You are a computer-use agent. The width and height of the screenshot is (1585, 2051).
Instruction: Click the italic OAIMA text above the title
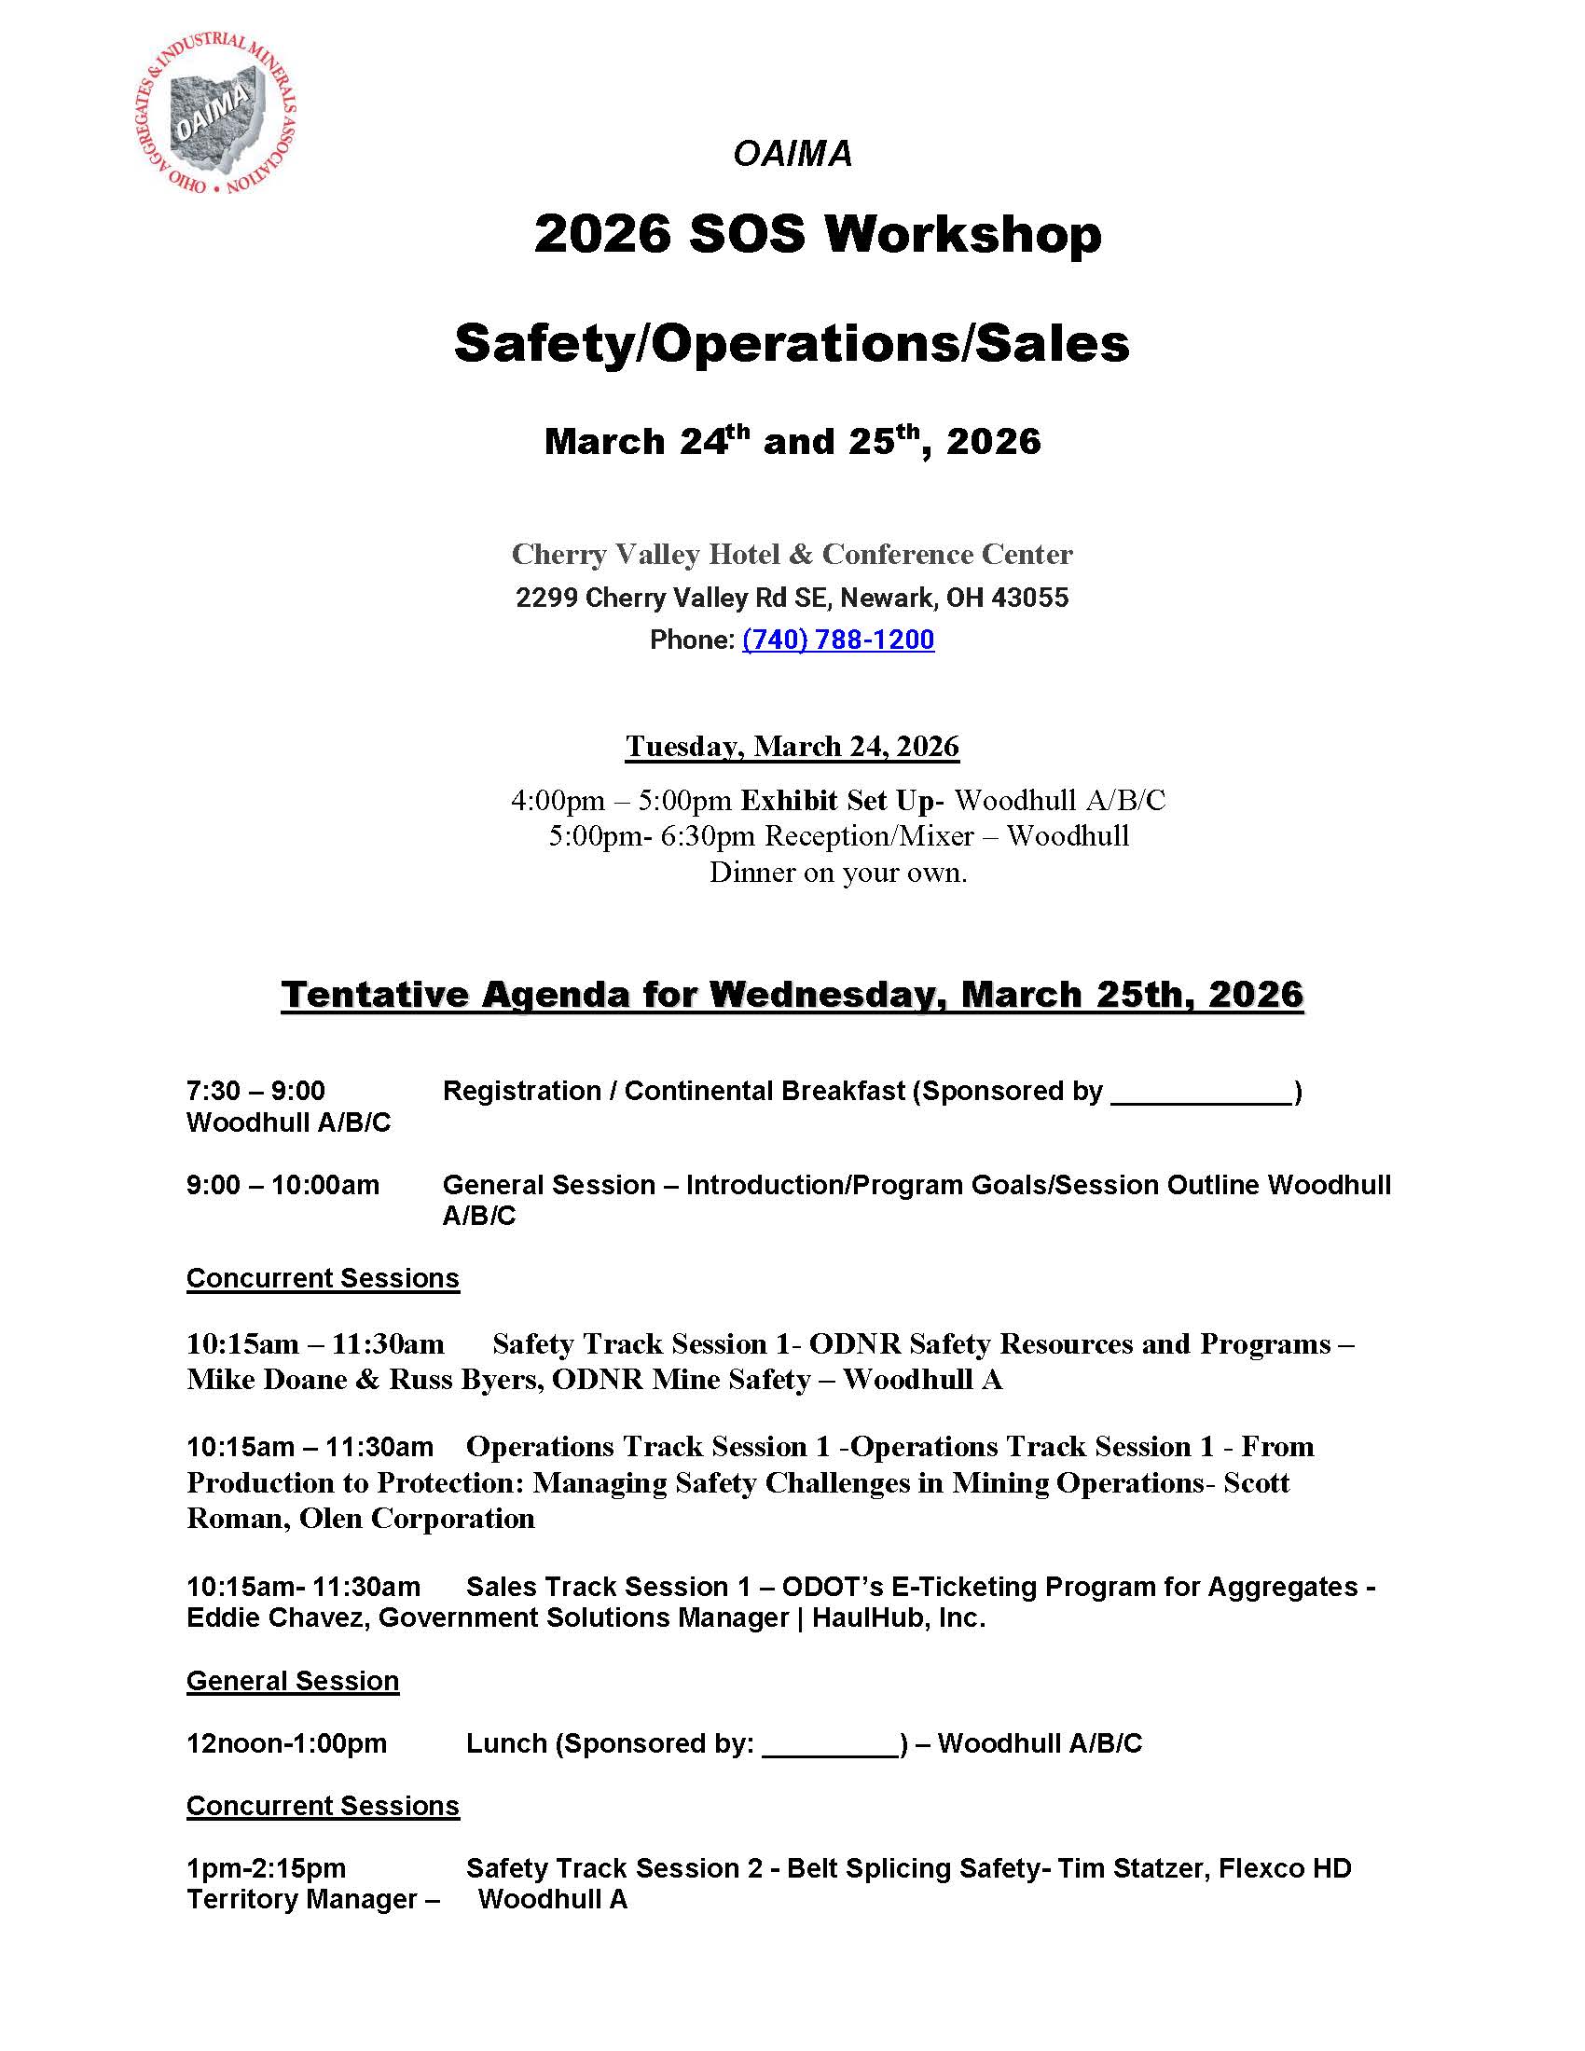792,155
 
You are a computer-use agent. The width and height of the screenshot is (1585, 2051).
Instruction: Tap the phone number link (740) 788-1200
837,640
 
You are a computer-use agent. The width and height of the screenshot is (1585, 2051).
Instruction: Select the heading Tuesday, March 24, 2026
792,747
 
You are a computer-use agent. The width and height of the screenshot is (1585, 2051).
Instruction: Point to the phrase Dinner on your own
837,873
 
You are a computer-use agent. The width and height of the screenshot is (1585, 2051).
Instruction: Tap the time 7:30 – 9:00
255,1091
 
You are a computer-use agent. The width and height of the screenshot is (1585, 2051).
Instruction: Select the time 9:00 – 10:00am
283,1184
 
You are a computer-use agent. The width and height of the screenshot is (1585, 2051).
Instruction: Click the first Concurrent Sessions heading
323,1278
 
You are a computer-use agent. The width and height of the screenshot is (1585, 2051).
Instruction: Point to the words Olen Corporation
417,1519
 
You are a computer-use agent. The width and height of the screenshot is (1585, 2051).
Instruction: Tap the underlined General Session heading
292,1680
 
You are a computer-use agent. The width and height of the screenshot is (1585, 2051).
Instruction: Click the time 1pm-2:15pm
266,1868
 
